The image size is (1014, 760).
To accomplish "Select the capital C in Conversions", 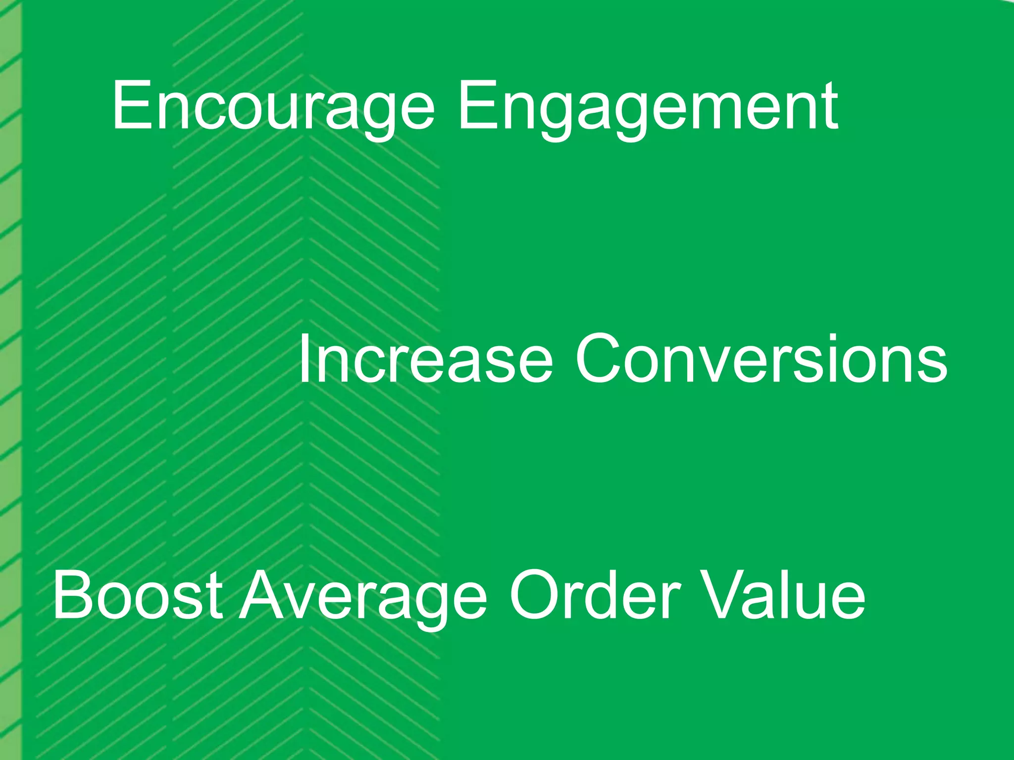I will tap(602, 359).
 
